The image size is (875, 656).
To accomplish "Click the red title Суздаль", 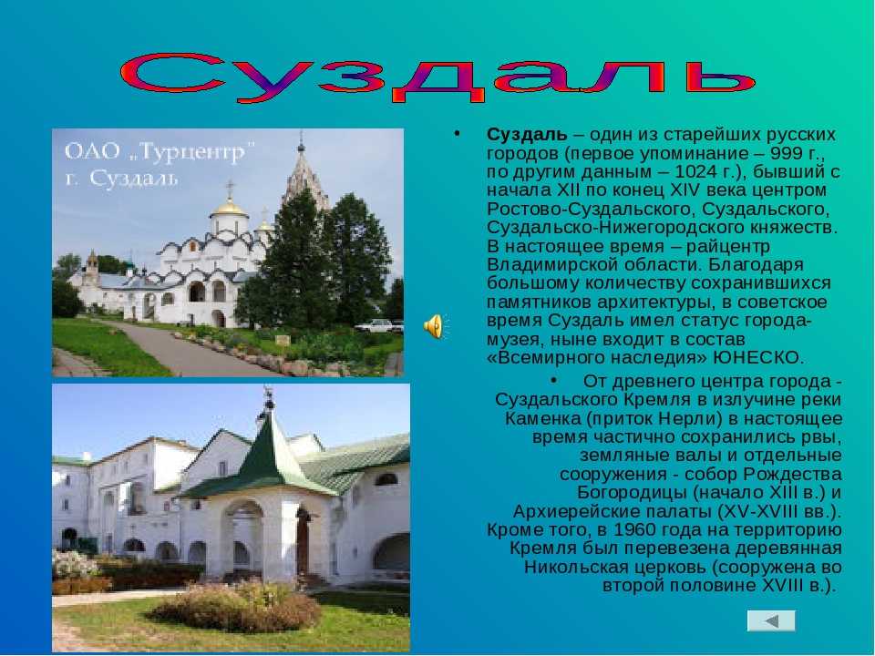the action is [x=437, y=77].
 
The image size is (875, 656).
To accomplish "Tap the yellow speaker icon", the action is [x=434, y=326].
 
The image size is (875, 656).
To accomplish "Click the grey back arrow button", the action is [x=771, y=620].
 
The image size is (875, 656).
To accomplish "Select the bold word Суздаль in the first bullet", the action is [x=527, y=135].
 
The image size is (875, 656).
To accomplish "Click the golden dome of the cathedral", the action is [x=229, y=208].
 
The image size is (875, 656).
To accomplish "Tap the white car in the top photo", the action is [x=374, y=326].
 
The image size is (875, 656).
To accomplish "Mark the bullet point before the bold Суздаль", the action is [x=457, y=134].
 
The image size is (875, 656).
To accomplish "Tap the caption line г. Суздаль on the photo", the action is [x=121, y=179].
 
